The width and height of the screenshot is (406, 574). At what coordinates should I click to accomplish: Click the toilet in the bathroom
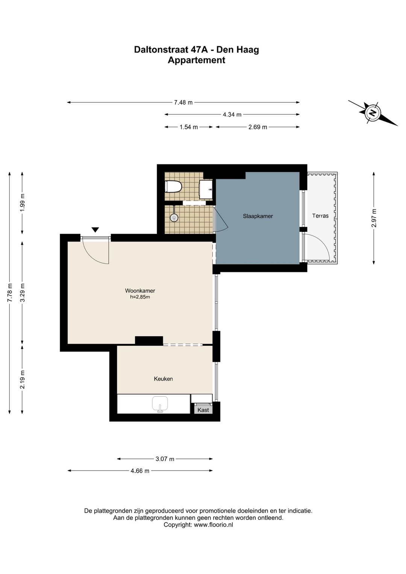173,187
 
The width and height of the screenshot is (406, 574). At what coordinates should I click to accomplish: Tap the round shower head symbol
174,218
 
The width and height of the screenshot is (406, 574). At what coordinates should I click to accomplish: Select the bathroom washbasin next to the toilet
206,189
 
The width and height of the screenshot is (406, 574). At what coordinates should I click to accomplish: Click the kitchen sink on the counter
160,404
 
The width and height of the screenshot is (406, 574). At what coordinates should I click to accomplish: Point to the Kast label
203,410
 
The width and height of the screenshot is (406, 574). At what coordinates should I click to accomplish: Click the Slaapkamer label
258,216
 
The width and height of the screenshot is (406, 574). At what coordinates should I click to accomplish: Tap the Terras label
320,216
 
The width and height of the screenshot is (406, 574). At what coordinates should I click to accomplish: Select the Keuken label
163,379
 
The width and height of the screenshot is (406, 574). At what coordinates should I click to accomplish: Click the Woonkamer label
140,291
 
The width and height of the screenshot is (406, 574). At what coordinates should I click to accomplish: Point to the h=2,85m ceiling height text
140,297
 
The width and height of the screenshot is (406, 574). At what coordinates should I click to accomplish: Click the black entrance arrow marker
95,230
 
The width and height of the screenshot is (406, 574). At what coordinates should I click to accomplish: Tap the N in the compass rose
373,113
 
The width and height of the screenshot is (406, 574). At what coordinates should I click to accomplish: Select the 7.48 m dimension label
183,102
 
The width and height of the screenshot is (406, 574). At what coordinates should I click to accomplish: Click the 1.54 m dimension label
189,127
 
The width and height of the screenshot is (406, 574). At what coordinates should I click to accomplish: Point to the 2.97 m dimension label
374,218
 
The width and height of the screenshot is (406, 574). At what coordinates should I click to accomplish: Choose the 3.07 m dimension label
165,459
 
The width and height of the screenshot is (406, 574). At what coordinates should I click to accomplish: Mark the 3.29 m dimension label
23,293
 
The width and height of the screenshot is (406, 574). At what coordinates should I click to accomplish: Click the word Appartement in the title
197,60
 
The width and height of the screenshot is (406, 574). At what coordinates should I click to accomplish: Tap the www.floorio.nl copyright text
214,525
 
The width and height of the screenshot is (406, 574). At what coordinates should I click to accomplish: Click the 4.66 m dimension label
140,471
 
